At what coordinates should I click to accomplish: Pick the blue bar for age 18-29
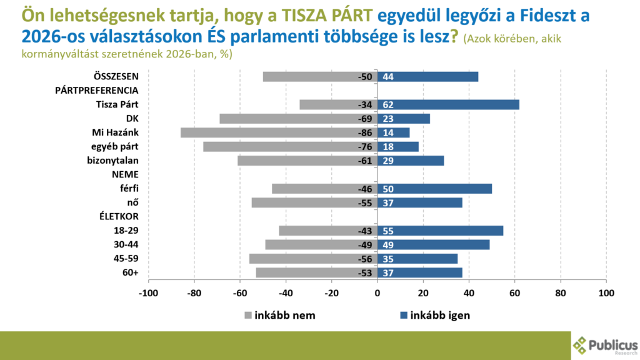440,231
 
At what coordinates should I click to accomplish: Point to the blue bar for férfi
434,189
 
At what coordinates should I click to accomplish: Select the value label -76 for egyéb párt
366,147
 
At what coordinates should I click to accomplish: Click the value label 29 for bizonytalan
388,161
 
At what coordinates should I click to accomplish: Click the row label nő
132,202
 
